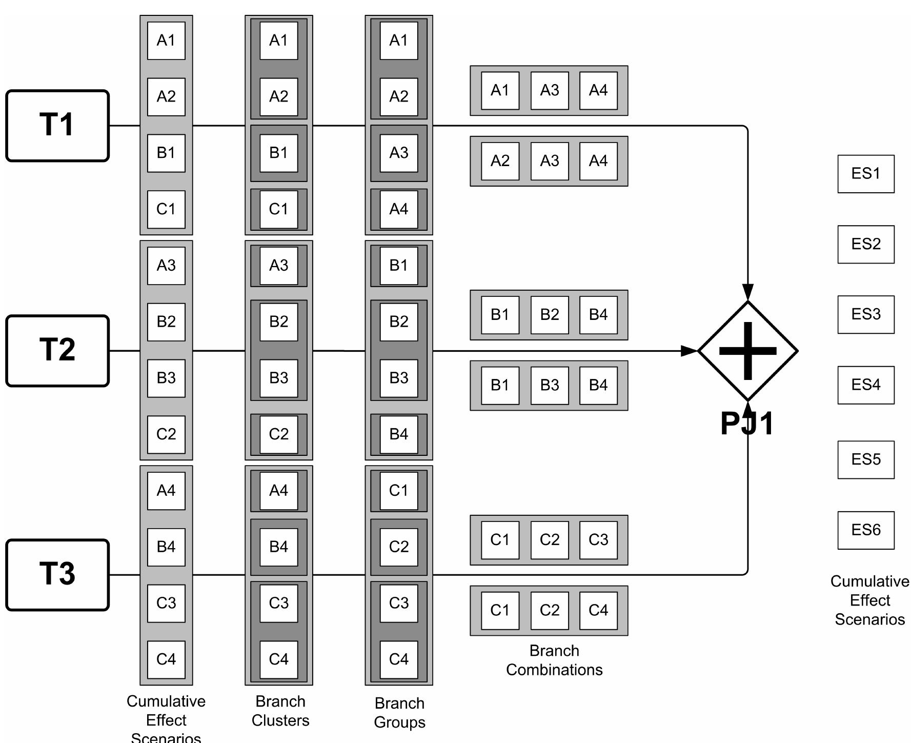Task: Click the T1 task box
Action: tap(57, 126)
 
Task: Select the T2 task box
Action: tap(57, 351)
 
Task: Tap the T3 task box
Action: tap(57, 575)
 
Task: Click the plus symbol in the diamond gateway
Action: tap(748, 351)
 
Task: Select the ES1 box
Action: tap(866, 174)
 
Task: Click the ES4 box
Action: tap(866, 385)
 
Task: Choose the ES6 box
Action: tap(866, 530)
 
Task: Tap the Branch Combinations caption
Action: tap(554, 660)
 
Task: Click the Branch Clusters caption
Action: tap(280, 711)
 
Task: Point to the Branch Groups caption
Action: tap(399, 712)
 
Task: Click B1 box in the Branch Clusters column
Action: tap(279, 153)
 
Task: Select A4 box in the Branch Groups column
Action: tap(399, 209)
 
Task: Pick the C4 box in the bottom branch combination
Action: tap(598, 611)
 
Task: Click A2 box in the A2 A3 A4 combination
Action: tap(500, 161)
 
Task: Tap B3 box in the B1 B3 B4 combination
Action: tap(550, 385)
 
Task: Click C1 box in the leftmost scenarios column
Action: tap(166, 209)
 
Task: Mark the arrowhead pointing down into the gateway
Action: tap(748, 293)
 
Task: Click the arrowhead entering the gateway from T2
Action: tap(689, 351)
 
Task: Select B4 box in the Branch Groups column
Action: tap(399, 434)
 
